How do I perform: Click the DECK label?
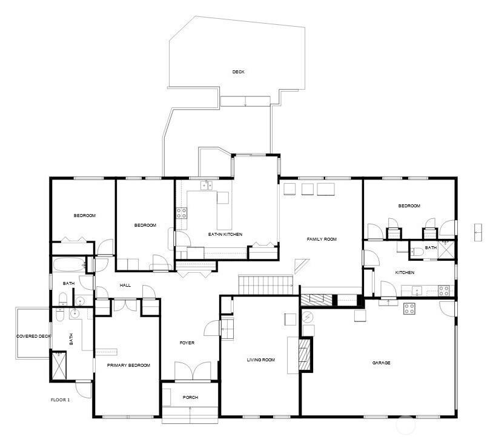tap(239, 72)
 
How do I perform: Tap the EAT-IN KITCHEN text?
tap(225, 234)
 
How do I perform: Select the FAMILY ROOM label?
tap(321, 239)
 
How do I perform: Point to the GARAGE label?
tap(381, 363)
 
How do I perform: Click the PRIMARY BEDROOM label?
tap(128, 365)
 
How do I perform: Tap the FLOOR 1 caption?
tap(60, 400)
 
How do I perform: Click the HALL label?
tap(125, 285)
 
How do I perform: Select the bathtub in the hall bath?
tap(67, 265)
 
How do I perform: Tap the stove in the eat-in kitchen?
tap(181, 213)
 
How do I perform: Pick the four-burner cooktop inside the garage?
tap(410, 307)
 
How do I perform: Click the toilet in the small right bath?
tap(417, 252)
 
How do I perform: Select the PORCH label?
tap(190, 398)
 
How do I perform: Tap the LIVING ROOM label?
tap(260, 360)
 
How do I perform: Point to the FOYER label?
tap(187, 343)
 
